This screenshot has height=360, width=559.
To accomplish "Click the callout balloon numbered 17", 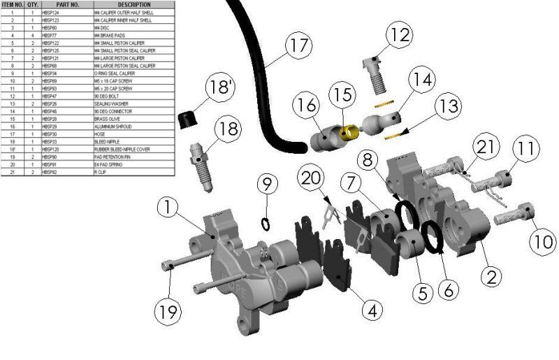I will pos(299,46).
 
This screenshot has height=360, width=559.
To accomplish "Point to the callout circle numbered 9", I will pos(266,184).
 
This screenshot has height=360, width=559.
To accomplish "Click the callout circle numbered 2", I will pos(494,275).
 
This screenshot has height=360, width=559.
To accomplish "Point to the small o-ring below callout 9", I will pos(266,223).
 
